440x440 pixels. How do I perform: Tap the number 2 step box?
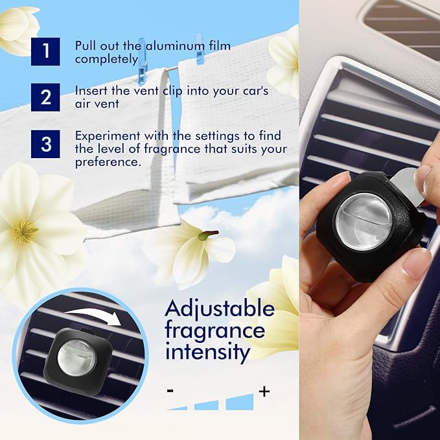pos(46,97)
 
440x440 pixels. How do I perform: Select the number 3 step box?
pos(46,143)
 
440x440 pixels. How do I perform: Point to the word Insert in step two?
pos(91,91)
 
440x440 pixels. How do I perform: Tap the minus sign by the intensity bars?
pos(170,391)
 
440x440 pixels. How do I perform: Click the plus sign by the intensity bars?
pos(264,391)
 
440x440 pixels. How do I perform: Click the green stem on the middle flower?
pos(209,234)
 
